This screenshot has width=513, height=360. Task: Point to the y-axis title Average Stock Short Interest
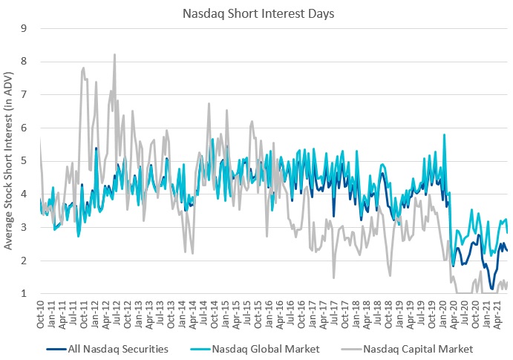pyautogui.click(x=9, y=162)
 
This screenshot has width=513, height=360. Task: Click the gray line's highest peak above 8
pyautogui.click(x=114, y=54)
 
